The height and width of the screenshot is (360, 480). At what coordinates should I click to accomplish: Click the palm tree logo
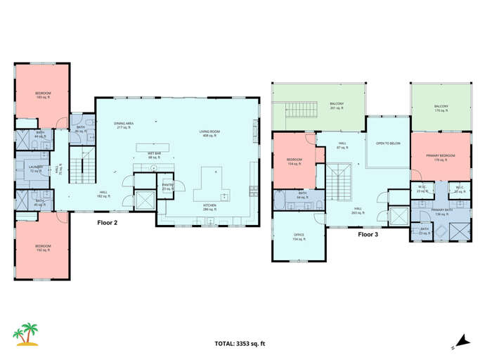27,335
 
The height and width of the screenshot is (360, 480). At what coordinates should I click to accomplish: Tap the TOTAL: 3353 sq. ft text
240,344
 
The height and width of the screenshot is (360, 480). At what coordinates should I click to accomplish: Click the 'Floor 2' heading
107,222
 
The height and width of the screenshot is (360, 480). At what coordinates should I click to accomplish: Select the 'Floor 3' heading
368,234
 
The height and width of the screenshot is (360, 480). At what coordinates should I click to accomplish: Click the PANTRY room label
167,186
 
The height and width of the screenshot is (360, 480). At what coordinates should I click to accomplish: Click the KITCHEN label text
210,207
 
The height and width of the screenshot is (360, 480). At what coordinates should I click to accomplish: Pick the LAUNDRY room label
36,169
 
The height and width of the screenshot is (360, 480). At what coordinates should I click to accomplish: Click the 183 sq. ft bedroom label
43,95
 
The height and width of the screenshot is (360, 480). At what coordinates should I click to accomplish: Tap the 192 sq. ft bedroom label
43,247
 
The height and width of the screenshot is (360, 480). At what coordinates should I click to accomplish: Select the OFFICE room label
299,237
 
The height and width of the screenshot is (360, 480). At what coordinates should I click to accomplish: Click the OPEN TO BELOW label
387,143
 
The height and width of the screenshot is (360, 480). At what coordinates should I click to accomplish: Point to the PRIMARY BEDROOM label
440,157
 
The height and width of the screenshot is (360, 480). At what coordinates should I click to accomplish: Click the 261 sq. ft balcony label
337,106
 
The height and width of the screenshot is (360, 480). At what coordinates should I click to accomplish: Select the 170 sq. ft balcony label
441,108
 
